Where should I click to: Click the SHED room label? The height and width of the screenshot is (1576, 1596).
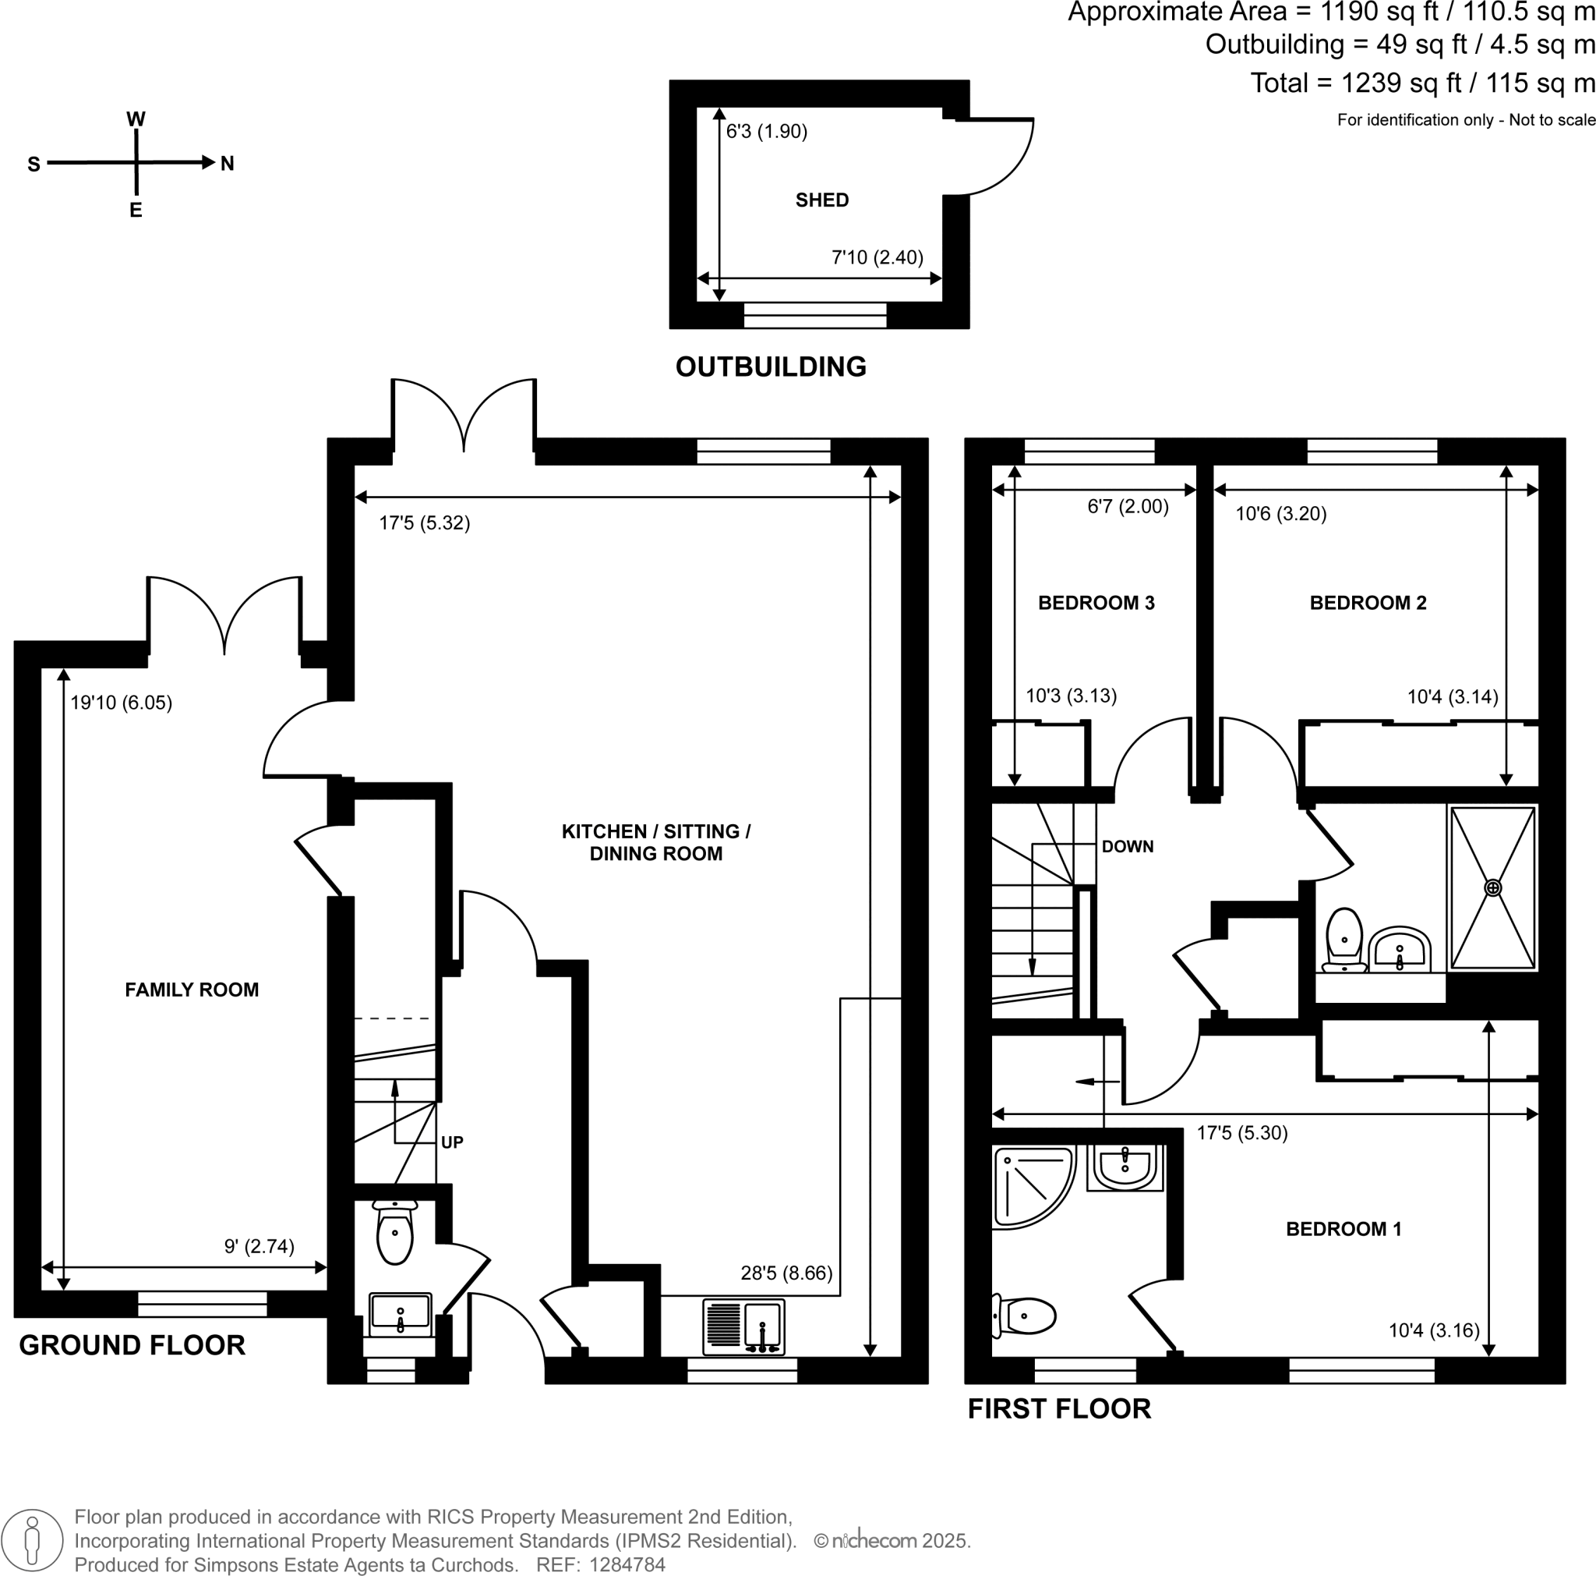(821, 200)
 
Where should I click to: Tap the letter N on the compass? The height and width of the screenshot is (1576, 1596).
(228, 164)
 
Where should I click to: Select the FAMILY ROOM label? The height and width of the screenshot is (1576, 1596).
(192, 990)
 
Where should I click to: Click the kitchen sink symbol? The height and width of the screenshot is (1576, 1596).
(743, 1326)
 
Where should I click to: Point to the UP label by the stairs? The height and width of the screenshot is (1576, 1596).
(452, 1142)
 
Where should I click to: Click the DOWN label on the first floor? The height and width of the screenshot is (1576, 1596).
(1127, 846)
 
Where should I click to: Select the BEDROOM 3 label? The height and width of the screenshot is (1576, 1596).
(1096, 603)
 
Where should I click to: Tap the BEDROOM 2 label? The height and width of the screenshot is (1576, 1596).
(1367, 603)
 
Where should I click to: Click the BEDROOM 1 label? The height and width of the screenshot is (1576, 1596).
(1344, 1229)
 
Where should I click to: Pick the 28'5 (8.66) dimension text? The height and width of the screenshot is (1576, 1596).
(786, 1273)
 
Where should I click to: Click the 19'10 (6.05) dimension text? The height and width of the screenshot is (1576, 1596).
(121, 703)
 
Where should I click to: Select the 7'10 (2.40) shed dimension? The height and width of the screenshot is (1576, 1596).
(877, 257)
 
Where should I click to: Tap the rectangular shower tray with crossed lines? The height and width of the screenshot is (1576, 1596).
(1492, 887)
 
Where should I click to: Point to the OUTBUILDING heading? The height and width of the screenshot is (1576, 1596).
(770, 367)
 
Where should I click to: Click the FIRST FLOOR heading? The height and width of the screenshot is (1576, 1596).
(1058, 1409)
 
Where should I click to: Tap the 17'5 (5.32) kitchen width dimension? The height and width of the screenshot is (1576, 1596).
(424, 523)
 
